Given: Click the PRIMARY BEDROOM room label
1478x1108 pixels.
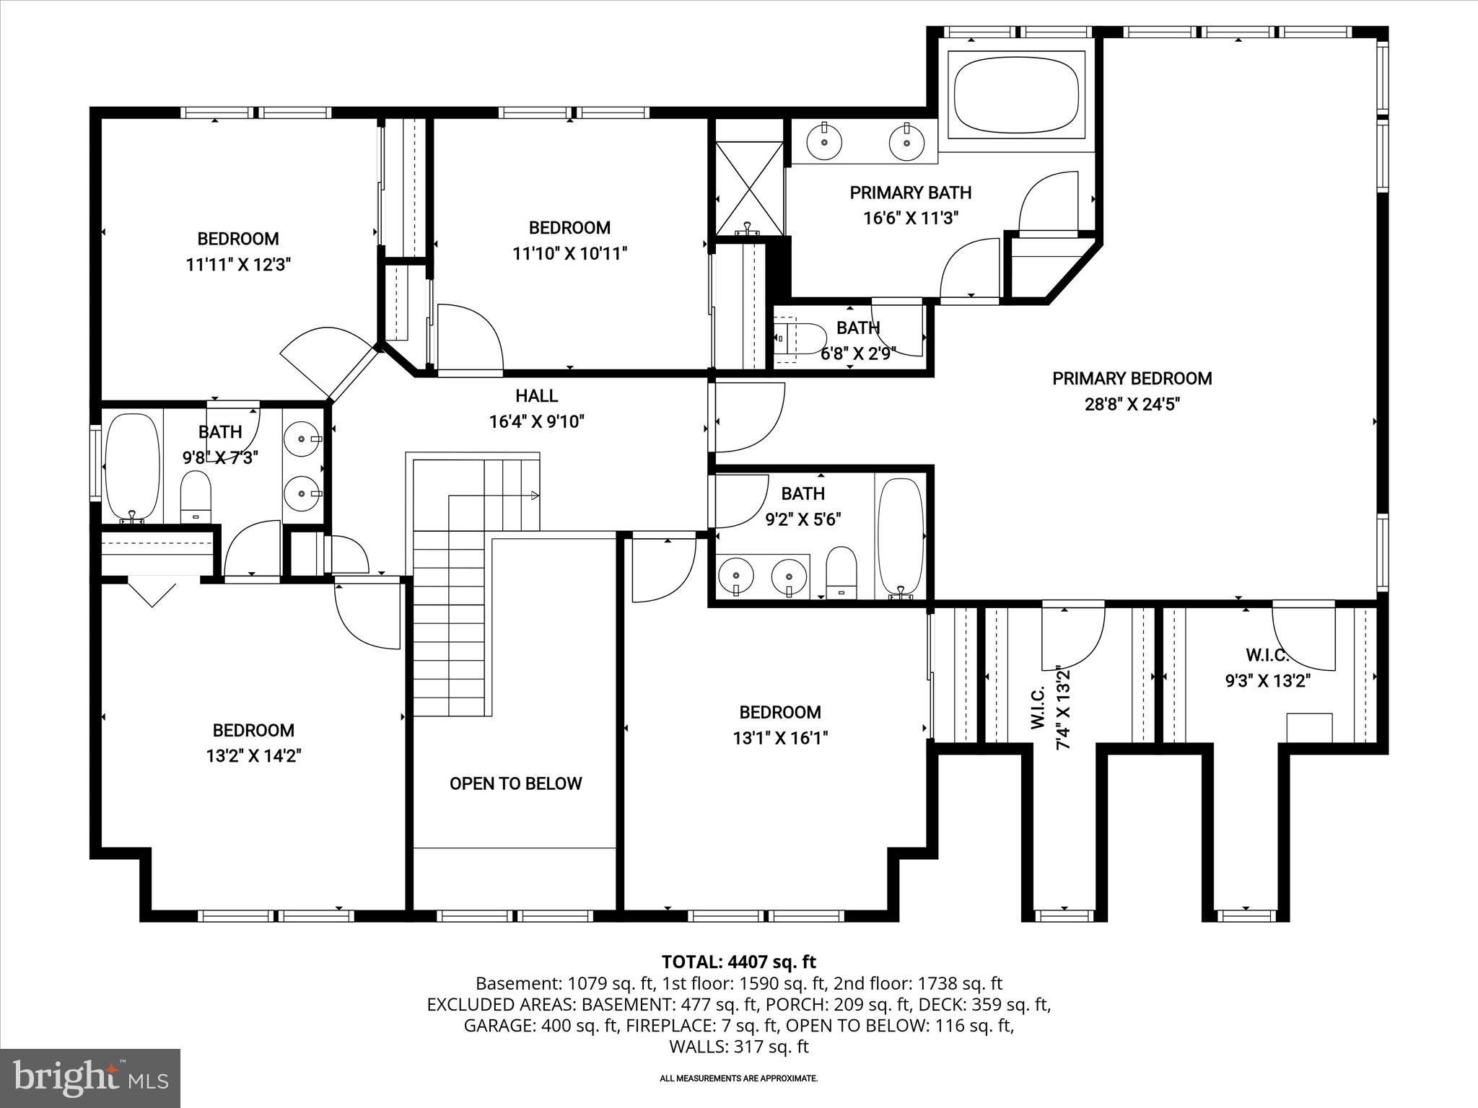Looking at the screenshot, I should coord(1132,379).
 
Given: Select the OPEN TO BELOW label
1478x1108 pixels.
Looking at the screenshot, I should coord(515,783).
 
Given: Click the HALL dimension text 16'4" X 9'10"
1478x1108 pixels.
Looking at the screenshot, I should coord(536,421).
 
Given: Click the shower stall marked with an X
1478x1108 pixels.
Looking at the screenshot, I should coord(749,188).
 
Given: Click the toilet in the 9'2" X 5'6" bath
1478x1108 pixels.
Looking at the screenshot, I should coord(841,571).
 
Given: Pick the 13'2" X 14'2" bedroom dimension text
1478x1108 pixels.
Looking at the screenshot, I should coord(253,756).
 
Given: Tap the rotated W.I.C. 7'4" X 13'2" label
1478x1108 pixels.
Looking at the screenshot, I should coord(1051,707).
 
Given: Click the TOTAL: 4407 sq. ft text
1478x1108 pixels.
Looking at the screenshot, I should coord(738,962).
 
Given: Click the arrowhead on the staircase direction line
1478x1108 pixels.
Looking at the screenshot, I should coord(535,495).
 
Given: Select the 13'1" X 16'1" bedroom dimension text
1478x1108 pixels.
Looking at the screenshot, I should coord(779,738).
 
